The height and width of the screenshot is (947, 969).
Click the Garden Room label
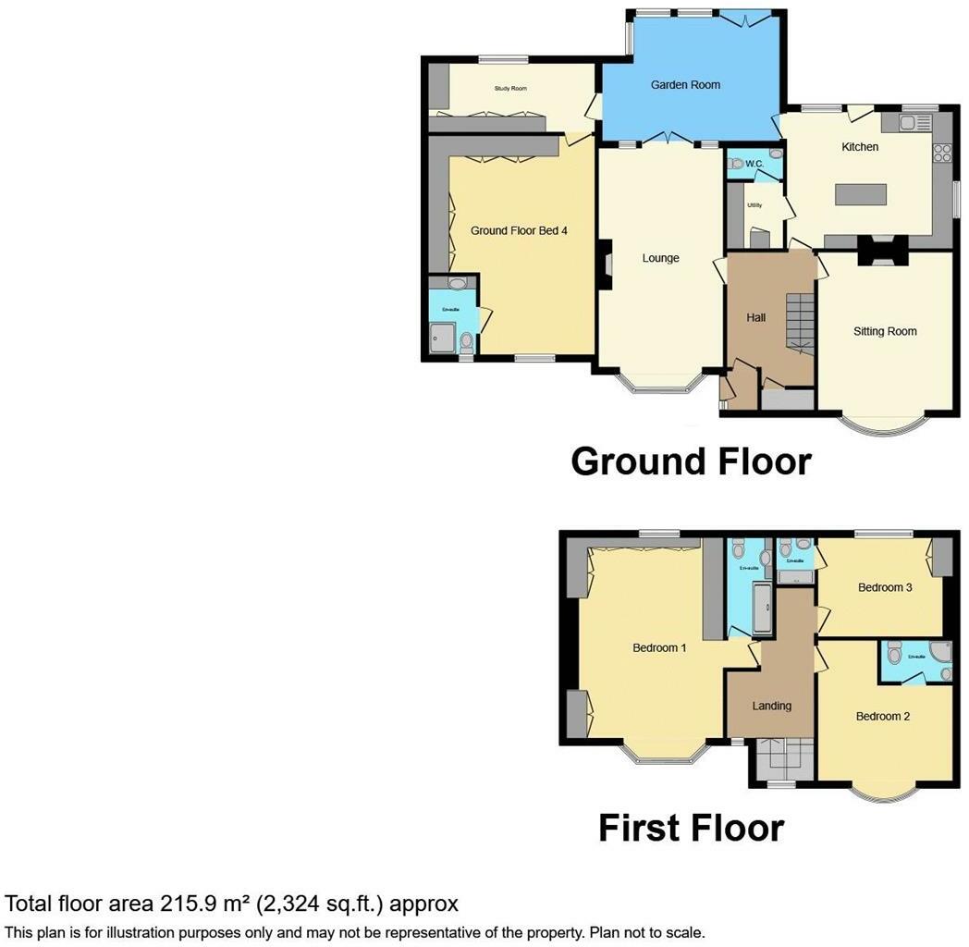pos(685,84)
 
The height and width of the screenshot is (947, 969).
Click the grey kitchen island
pos(861,195)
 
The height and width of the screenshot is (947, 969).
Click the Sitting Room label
pos(884,331)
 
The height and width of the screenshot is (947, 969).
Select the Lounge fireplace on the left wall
pos(606,264)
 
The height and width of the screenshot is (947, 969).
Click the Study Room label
pos(510,89)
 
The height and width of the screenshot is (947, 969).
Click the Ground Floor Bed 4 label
pos(518,230)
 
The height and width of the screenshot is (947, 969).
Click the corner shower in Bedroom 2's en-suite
pos(939,654)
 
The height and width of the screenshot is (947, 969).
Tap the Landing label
pos(771,706)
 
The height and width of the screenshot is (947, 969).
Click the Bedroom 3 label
pos(885,587)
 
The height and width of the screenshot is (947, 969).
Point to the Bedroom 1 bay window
pos(662,756)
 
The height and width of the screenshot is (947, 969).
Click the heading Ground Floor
pos(691,461)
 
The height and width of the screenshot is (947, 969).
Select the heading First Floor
pos(691,827)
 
